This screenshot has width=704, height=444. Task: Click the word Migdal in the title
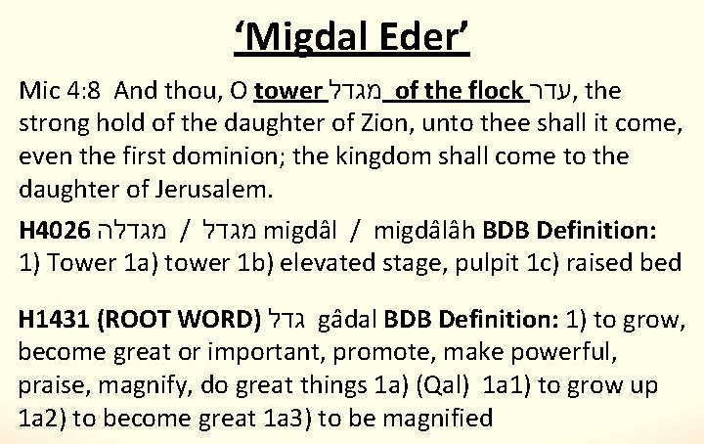[x=307, y=38]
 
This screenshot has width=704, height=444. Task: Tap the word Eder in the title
[x=418, y=36]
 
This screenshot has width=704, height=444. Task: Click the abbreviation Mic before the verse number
[x=38, y=91]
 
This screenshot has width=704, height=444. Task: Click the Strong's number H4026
[x=55, y=230]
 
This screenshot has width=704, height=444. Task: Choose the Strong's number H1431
[x=54, y=320]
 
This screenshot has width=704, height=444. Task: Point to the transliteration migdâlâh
[x=424, y=230]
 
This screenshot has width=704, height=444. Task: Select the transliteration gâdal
[x=347, y=320]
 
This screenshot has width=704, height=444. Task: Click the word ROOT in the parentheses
[x=135, y=320]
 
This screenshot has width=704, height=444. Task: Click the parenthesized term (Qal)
[x=443, y=386]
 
